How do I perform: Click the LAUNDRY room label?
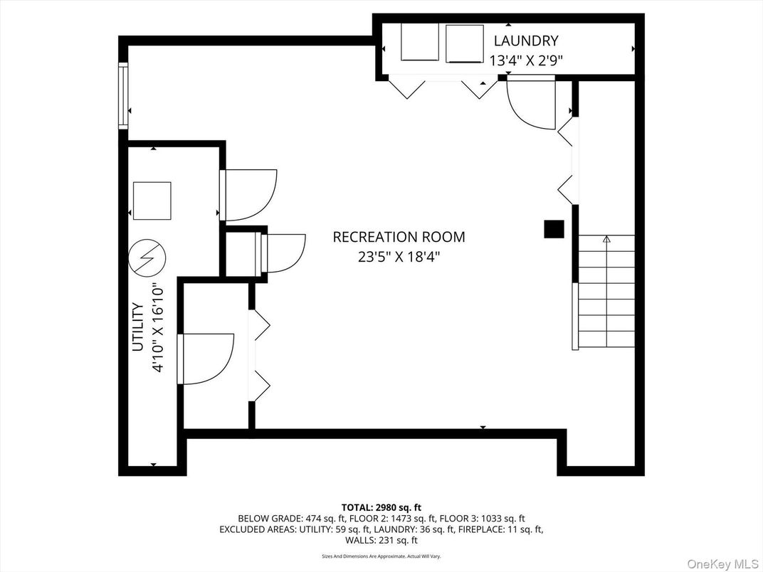point(526,41)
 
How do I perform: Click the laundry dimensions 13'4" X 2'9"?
point(526,60)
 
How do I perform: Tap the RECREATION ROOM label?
point(399,237)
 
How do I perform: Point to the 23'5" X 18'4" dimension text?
point(399,256)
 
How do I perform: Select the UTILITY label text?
point(138,327)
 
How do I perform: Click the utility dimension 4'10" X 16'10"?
point(158,328)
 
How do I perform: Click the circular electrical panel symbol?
point(147,256)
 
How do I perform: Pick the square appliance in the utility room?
point(152,201)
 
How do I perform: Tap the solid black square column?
point(554,229)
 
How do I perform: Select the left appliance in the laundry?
point(420,42)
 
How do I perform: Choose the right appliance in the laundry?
point(465,44)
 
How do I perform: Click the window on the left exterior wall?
point(123,96)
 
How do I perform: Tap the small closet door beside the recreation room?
point(284,253)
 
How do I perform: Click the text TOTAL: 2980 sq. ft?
point(381,508)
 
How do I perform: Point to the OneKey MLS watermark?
point(722,563)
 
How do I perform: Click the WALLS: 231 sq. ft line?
point(381,541)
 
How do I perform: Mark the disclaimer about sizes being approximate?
point(381,556)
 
